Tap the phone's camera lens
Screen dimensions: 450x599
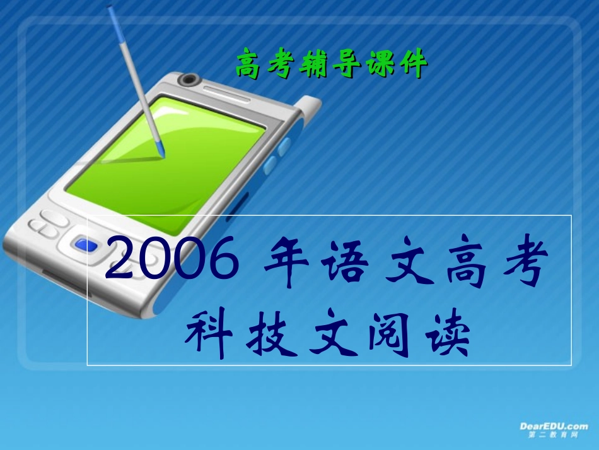click(x=188, y=80)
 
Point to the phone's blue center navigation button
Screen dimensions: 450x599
click(x=84, y=244)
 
